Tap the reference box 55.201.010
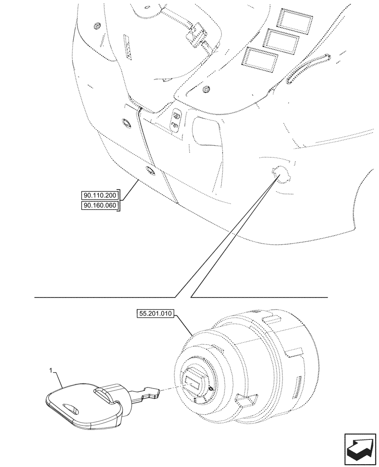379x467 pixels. tap(156, 314)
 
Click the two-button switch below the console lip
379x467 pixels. tap(176, 119)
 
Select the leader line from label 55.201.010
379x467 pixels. tap(184, 324)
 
